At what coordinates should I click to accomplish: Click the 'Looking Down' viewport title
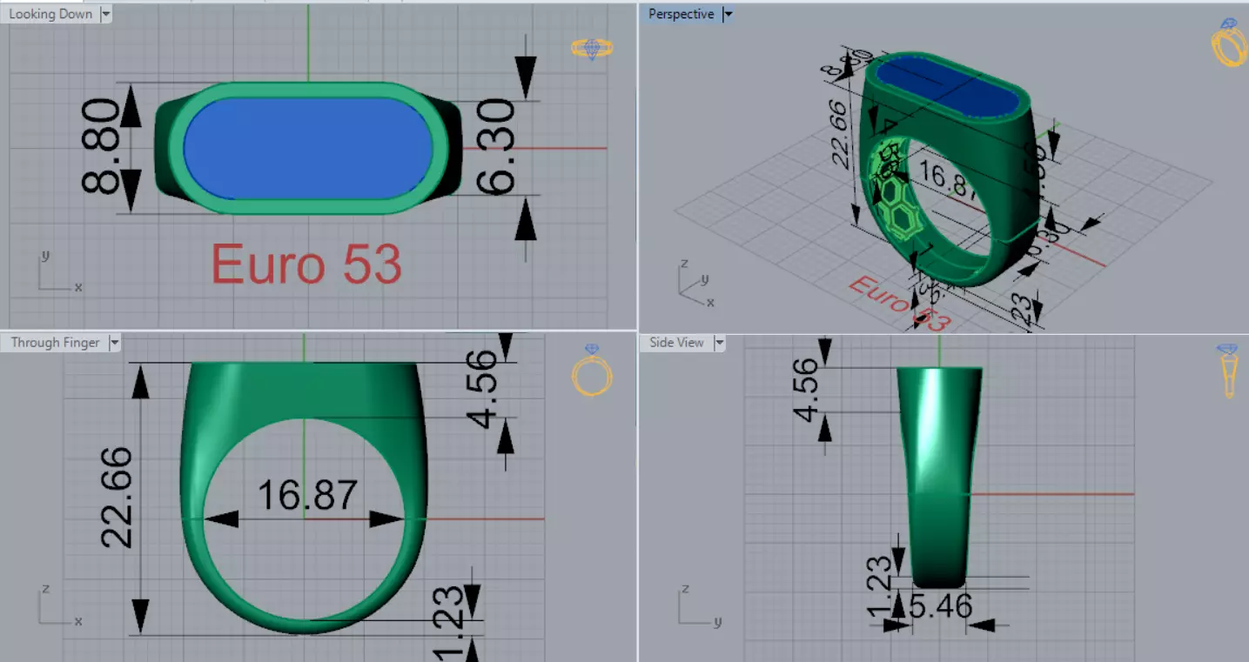[50, 14]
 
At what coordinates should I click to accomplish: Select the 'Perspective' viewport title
[681, 14]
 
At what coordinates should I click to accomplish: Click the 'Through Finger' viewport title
[55, 343]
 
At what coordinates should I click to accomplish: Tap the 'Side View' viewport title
[676, 343]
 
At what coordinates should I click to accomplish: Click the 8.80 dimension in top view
[101, 146]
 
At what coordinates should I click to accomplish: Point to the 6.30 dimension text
[496, 146]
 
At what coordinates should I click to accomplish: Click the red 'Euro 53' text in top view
[306, 264]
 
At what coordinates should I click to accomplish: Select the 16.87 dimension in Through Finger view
[307, 495]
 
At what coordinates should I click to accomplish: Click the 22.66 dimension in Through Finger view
[118, 498]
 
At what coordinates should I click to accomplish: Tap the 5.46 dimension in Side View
[940, 605]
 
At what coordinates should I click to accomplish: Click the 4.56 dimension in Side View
[807, 390]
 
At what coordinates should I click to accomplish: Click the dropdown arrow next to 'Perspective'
[729, 14]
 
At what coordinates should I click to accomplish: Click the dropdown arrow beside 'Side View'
[719, 343]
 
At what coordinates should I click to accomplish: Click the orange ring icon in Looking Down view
[592, 49]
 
